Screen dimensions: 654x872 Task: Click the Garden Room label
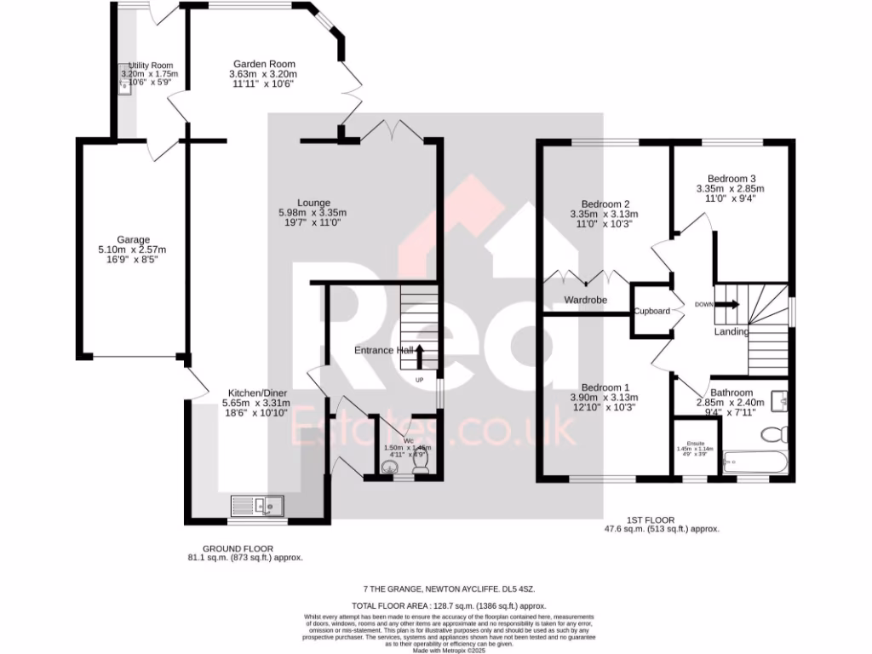click(264, 64)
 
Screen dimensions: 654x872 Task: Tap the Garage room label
click(134, 239)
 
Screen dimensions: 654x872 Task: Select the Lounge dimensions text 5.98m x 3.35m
click(312, 213)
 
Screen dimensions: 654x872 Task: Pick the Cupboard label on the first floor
click(651, 311)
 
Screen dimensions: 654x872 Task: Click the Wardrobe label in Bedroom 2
click(585, 300)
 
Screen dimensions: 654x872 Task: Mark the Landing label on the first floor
click(731, 331)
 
